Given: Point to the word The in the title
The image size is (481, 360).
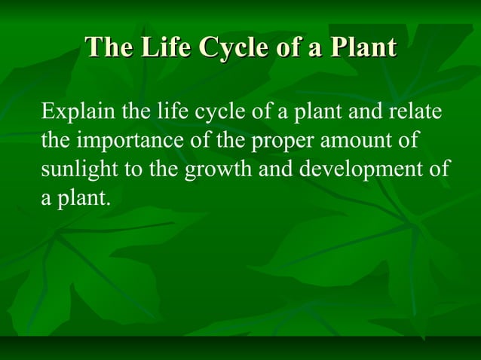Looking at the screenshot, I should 112,47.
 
